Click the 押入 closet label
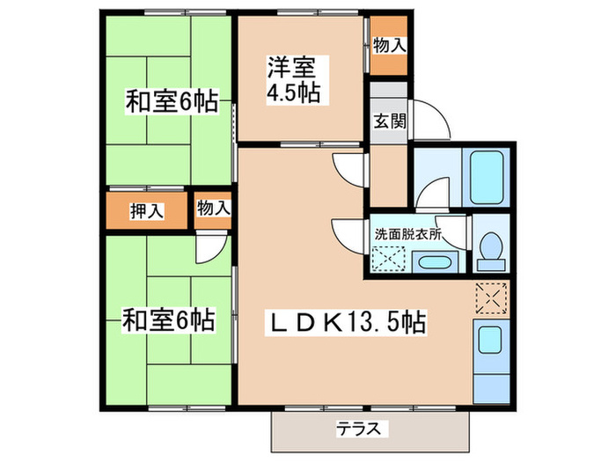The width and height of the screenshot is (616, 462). click(x=146, y=210)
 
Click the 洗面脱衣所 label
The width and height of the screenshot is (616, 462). click(x=407, y=235)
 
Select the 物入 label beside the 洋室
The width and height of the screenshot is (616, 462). click(x=388, y=43)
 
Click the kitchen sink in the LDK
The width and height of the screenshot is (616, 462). click(x=489, y=339)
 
